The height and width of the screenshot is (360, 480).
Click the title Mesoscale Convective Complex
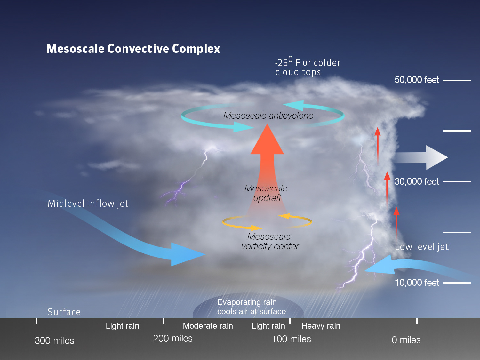click(x=133, y=49)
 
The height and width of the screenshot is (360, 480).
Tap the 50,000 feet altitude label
click(x=417, y=80)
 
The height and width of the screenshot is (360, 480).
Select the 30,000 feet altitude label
click(x=417, y=181)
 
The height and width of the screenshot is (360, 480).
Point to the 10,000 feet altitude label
click(x=417, y=283)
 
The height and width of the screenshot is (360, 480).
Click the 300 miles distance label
click(x=54, y=340)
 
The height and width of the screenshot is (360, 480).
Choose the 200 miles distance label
click(x=173, y=338)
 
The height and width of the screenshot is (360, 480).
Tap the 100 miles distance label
click(x=291, y=339)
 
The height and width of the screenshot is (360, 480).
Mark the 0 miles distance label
click(x=406, y=340)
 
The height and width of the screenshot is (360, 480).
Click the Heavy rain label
click(x=321, y=326)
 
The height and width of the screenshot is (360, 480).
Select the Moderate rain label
click(x=208, y=326)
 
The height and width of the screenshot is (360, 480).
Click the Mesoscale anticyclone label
click(x=268, y=116)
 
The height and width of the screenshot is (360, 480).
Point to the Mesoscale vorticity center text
click(x=270, y=242)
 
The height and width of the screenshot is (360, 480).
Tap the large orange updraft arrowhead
click(x=267, y=140)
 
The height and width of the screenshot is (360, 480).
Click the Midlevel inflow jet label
click(x=88, y=204)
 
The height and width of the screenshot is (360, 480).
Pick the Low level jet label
click(x=422, y=247)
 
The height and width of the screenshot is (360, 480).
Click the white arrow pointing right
click(x=421, y=157)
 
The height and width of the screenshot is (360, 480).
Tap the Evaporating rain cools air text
click(x=252, y=307)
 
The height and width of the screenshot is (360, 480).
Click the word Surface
click(x=64, y=312)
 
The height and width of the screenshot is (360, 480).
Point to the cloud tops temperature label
click(x=308, y=66)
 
